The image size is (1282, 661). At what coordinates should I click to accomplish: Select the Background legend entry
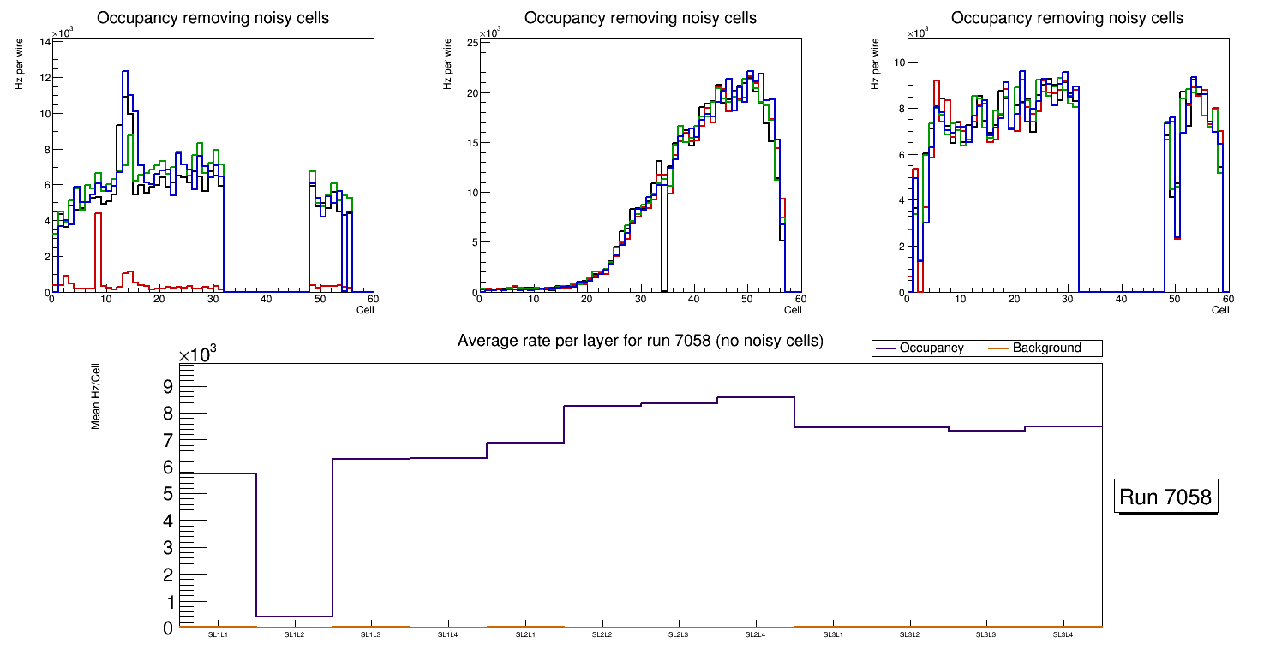point(1046,348)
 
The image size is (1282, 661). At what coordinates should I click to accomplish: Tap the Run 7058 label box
point(1167,497)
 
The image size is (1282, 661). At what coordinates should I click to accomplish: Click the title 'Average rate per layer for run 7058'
point(640,341)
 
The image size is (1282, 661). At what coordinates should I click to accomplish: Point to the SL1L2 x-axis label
point(294,634)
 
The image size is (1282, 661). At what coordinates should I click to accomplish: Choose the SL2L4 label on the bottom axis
point(755,634)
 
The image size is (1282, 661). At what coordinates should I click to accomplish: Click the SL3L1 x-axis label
point(832,634)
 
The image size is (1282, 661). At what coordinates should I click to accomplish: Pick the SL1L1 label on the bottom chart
point(217,634)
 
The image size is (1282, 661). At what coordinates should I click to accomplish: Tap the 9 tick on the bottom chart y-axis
point(168,387)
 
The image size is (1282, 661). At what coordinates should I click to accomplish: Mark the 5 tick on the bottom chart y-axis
point(168,494)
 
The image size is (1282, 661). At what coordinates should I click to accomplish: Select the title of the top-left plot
point(213,18)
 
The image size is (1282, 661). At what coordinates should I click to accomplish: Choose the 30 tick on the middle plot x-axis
point(640,299)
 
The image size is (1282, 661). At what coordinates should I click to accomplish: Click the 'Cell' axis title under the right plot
point(1219,309)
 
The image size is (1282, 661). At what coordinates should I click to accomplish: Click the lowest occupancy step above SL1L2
point(294,616)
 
